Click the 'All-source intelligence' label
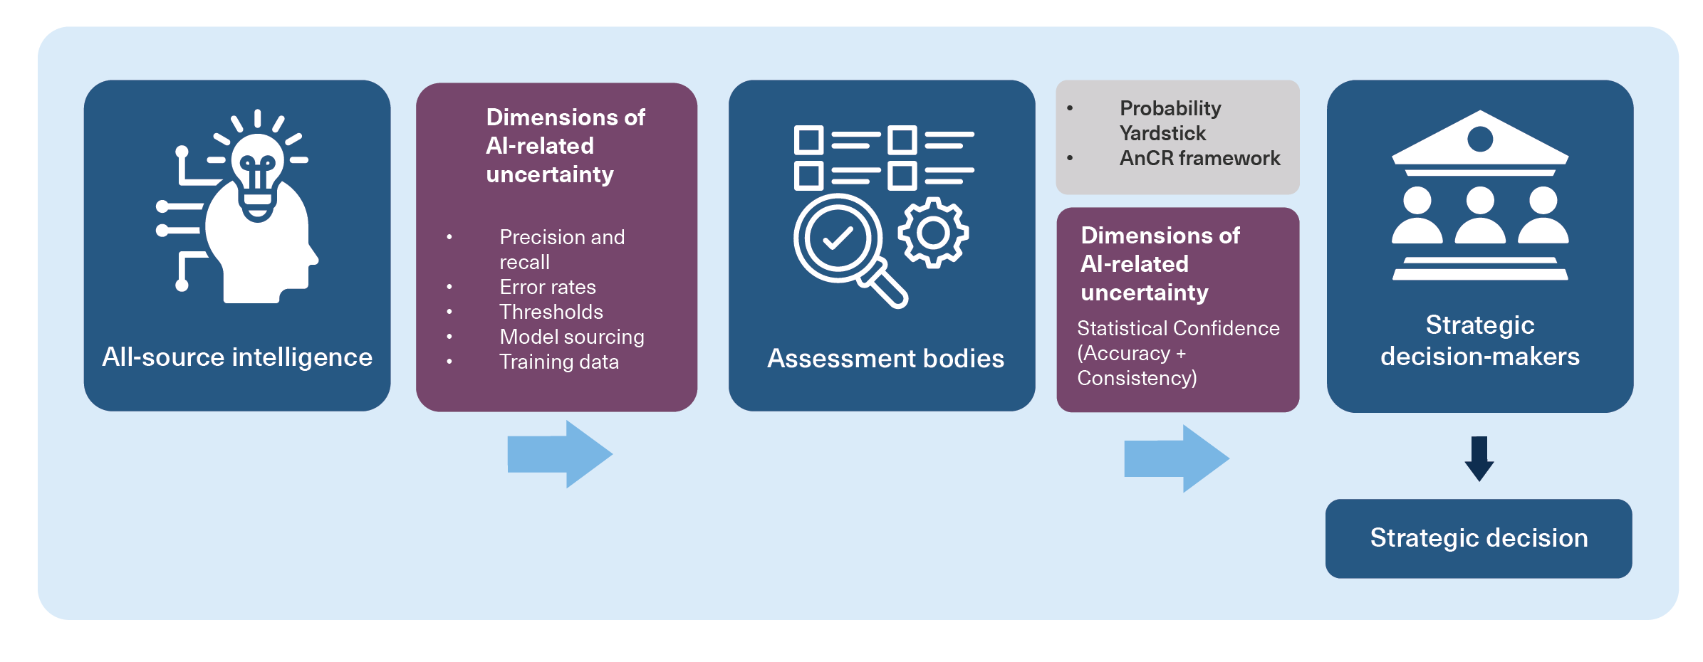pyautogui.click(x=237, y=357)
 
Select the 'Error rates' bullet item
pyautogui.click(x=547, y=287)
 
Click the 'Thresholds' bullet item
pyautogui.click(x=551, y=312)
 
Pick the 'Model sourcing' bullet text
pyautogui.click(x=571, y=337)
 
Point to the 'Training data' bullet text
pyautogui.click(x=559, y=362)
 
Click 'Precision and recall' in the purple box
pyautogui.click(x=561, y=249)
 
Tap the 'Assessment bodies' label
pyautogui.click(x=885, y=359)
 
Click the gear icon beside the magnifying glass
pyautogui.click(x=933, y=233)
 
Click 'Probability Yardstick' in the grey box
pyautogui.click(x=1170, y=120)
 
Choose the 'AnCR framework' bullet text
pyautogui.click(x=1199, y=158)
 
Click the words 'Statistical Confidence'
pyautogui.click(x=1178, y=328)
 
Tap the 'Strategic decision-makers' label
pyautogui.click(x=1479, y=340)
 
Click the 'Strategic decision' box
pyautogui.click(x=1479, y=538)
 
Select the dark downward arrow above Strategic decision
pyautogui.click(x=1479, y=458)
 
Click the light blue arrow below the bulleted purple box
pyautogui.click(x=560, y=454)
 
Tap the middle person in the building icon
pyautogui.click(x=1480, y=216)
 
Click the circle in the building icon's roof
pyautogui.click(x=1480, y=139)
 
